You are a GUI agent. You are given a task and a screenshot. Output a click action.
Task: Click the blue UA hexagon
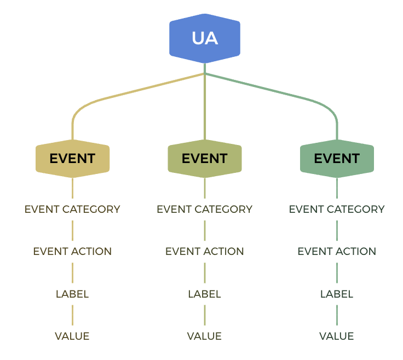[205, 38]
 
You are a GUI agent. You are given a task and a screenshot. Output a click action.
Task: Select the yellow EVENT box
[72, 159]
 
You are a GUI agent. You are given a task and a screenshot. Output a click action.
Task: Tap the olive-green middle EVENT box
[205, 159]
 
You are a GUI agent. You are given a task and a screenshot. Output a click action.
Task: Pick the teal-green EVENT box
[337, 159]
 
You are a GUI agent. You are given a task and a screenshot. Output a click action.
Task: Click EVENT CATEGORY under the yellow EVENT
[72, 210]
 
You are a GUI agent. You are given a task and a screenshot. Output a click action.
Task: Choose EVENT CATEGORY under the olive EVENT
[205, 210]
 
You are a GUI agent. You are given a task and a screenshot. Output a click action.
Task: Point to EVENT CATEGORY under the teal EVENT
[337, 210]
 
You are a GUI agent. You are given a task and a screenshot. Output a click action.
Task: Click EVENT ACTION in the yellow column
[72, 251]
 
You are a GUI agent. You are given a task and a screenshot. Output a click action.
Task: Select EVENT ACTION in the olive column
[205, 251]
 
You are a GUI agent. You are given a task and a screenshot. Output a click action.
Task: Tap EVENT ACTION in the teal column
[337, 251]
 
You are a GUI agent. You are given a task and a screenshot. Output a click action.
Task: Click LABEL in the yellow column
[72, 294]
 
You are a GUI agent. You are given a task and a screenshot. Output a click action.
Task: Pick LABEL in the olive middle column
[205, 294]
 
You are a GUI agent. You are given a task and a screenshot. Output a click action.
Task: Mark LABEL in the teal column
[337, 294]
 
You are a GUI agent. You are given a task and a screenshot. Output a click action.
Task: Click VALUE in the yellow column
[72, 336]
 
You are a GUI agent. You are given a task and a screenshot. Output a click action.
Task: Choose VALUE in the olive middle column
[204, 336]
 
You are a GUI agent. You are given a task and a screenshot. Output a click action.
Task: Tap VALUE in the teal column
[337, 336]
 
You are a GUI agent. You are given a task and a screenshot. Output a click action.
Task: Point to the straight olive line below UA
[205, 101]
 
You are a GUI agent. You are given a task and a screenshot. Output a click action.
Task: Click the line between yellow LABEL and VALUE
[72, 315]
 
